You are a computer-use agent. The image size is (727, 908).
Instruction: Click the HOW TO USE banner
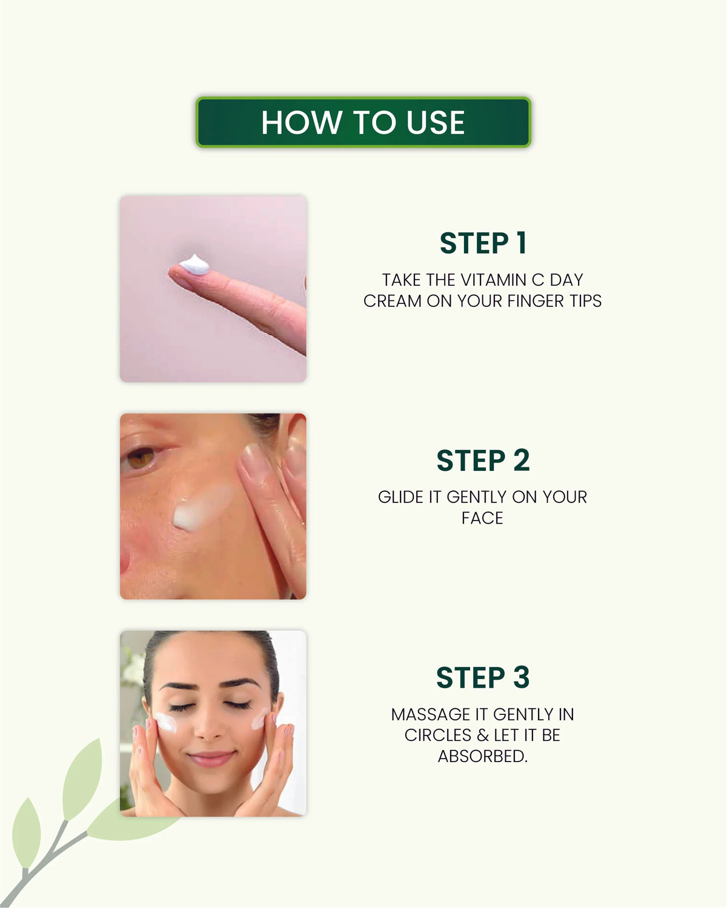[363, 122]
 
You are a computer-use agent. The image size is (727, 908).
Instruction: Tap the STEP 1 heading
[483, 243]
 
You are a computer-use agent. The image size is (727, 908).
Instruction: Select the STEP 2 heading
[483, 460]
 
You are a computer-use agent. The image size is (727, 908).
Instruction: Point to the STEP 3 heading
[483, 677]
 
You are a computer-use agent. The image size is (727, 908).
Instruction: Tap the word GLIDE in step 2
[401, 497]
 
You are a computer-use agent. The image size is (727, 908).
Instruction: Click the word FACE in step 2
[482, 518]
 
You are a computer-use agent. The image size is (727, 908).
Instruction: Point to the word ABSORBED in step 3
[483, 757]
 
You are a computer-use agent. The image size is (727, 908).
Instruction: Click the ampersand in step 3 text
[483, 735]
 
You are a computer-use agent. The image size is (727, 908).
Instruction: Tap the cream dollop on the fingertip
[194, 265]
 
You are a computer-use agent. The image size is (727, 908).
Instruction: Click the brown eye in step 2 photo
[140, 458]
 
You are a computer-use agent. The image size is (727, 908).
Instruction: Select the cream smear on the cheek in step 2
[202, 508]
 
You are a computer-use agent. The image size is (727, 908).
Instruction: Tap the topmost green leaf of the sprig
[83, 779]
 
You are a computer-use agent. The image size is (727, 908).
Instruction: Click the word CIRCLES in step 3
[437, 735]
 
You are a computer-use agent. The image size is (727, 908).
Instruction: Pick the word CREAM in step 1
[393, 301]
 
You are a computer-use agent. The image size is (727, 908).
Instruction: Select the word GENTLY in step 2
[477, 497]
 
